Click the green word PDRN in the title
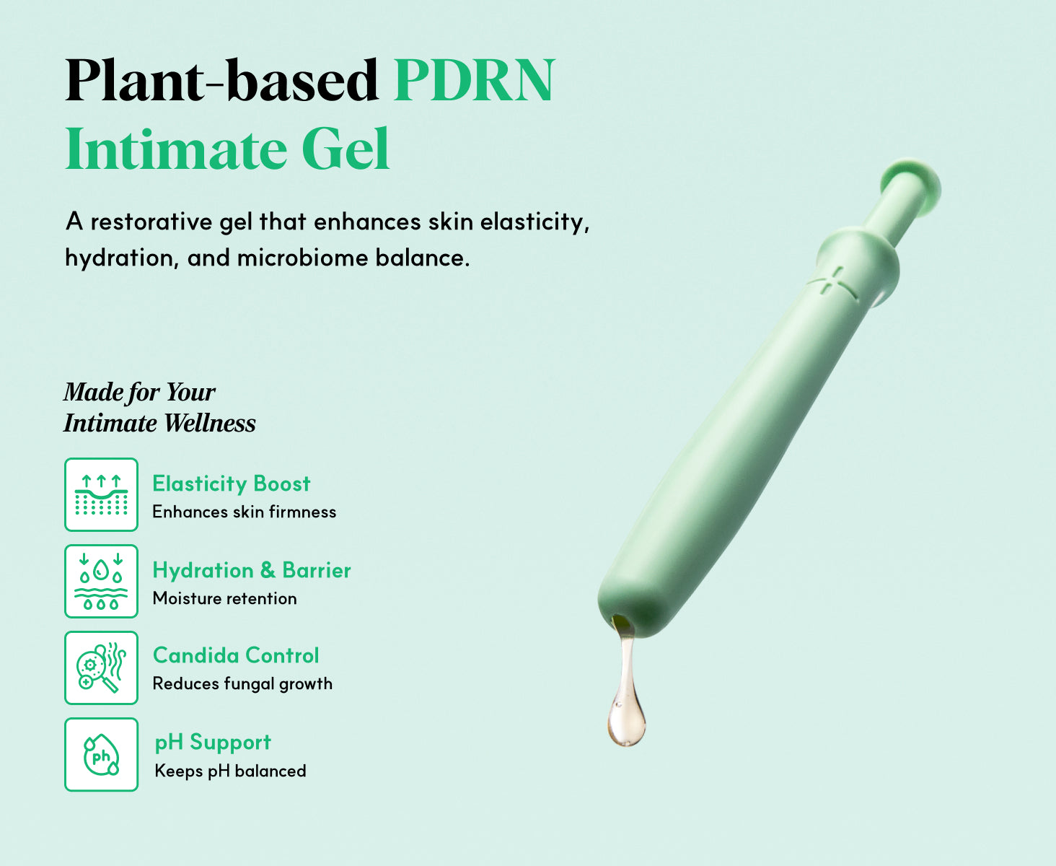pyautogui.click(x=474, y=80)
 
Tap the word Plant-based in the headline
pyautogui.click(x=222, y=80)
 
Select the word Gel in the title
pyautogui.click(x=346, y=149)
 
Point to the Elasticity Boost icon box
pyautogui.click(x=101, y=494)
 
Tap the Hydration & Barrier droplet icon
pyautogui.click(x=101, y=581)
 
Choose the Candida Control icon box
pyautogui.click(x=101, y=668)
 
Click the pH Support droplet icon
pyautogui.click(x=101, y=754)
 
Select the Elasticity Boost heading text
pyautogui.click(x=232, y=484)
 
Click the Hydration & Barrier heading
pyautogui.click(x=252, y=571)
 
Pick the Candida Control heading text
pyautogui.click(x=236, y=656)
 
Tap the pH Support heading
pyautogui.click(x=213, y=743)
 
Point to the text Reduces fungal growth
pyautogui.click(x=242, y=683)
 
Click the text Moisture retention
pyautogui.click(x=225, y=598)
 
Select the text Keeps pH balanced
pyautogui.click(x=230, y=771)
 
